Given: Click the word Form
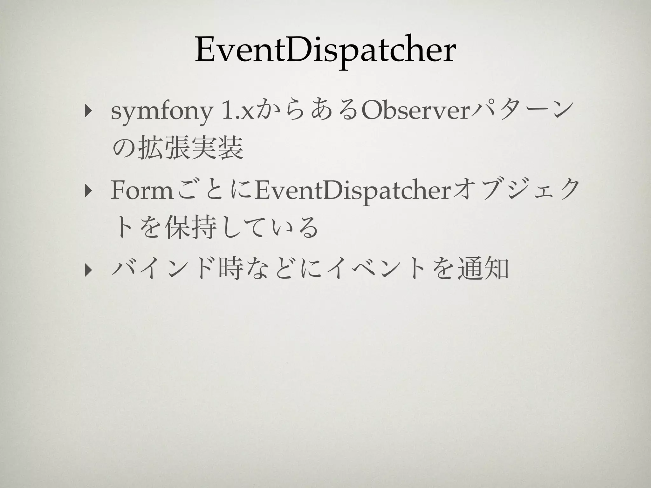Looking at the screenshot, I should point(141,193).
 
